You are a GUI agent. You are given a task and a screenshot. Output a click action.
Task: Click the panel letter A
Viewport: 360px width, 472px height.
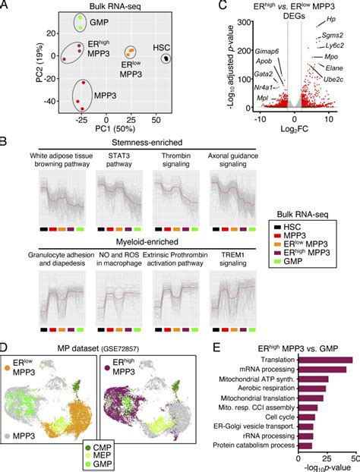click(6, 6)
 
